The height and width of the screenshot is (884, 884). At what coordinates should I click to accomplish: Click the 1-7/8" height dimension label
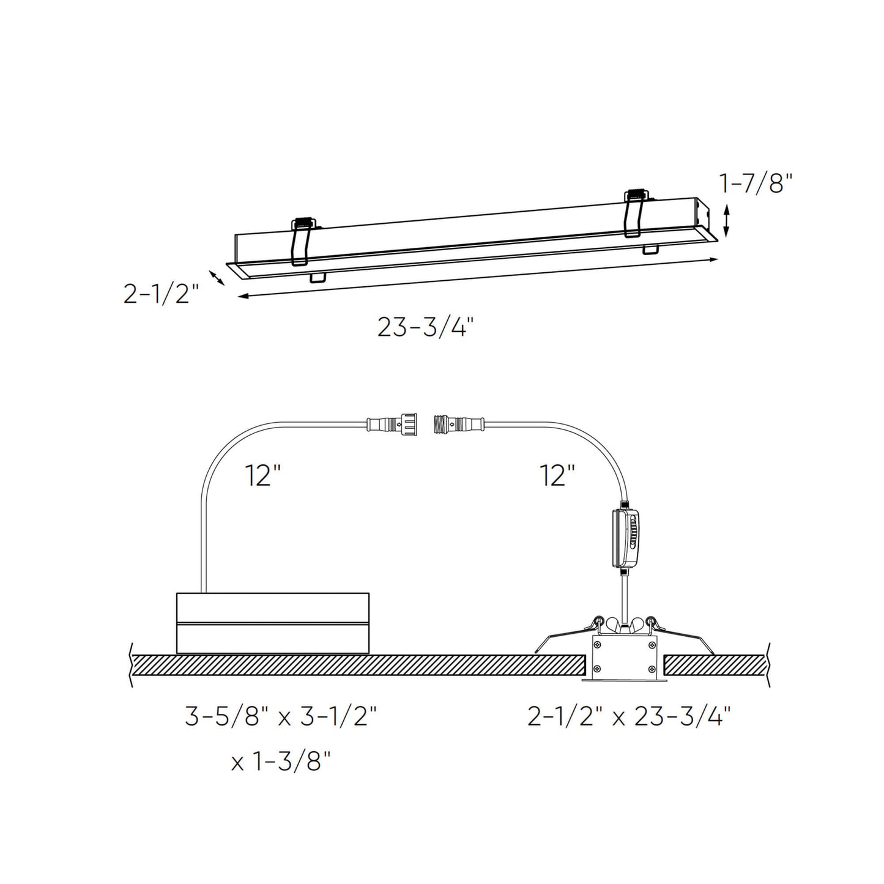click(x=756, y=183)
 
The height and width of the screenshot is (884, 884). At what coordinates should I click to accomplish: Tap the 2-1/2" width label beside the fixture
click(x=162, y=294)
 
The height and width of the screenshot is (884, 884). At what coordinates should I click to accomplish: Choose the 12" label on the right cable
click(x=557, y=475)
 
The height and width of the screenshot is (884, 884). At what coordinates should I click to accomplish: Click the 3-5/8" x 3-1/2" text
click(x=280, y=716)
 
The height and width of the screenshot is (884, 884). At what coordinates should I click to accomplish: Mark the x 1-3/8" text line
click(x=281, y=762)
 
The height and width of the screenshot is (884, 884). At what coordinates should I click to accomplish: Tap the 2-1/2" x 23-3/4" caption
click(x=630, y=716)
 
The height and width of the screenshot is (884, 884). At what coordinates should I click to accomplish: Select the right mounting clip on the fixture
click(x=634, y=214)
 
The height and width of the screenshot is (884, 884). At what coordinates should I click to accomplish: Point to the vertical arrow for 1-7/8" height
click(x=726, y=221)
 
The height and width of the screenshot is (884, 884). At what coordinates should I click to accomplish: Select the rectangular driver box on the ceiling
click(x=272, y=623)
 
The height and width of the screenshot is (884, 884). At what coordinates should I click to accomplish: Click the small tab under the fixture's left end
click(x=318, y=278)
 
